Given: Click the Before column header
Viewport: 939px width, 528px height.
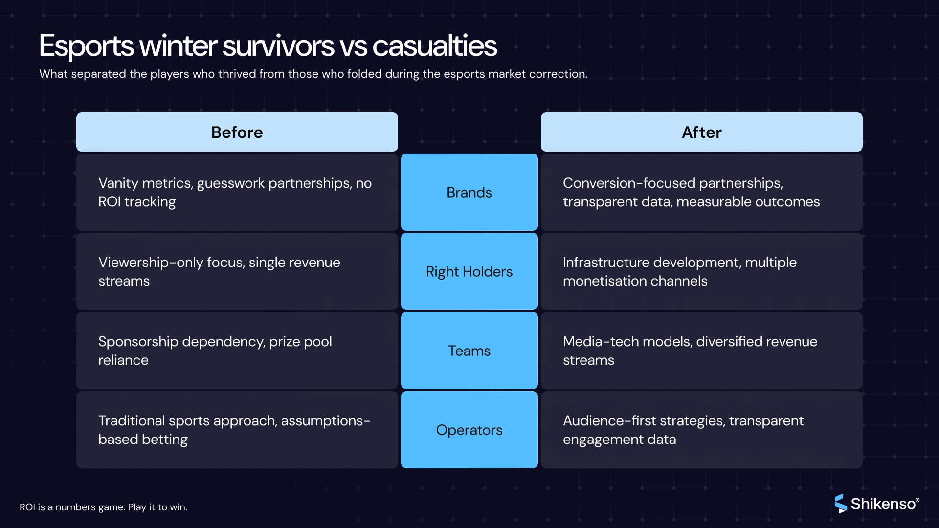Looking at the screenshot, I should click(237, 132).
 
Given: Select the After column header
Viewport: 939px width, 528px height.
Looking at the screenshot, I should click(701, 132).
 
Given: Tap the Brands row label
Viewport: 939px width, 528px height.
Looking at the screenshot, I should click(469, 192).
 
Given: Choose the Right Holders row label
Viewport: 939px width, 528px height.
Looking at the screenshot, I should click(469, 271).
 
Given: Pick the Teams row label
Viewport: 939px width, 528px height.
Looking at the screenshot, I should click(469, 351).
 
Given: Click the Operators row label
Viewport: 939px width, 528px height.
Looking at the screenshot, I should click(469, 430).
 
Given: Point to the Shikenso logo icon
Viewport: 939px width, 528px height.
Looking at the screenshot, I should click(840, 504).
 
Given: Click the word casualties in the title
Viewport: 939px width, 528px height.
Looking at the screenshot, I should click(434, 46).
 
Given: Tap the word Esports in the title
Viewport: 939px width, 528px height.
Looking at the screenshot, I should click(86, 46).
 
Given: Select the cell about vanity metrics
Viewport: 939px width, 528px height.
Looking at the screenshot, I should click(237, 192).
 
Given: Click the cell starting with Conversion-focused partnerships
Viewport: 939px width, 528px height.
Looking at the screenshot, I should click(701, 192).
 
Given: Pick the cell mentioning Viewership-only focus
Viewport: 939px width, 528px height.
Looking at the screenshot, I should click(237, 271).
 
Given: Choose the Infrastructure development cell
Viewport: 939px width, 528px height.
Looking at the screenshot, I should click(701, 271).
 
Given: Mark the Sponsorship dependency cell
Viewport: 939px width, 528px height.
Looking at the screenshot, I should click(237, 351).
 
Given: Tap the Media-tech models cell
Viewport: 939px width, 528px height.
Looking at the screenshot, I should click(701, 351).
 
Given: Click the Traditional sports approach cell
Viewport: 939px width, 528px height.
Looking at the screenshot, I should click(237, 430).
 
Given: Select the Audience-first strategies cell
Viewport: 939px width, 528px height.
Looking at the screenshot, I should click(701, 430).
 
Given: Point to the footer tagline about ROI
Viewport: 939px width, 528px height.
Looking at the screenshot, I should click(103, 507).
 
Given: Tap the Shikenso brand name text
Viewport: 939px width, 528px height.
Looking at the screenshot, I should click(884, 504).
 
